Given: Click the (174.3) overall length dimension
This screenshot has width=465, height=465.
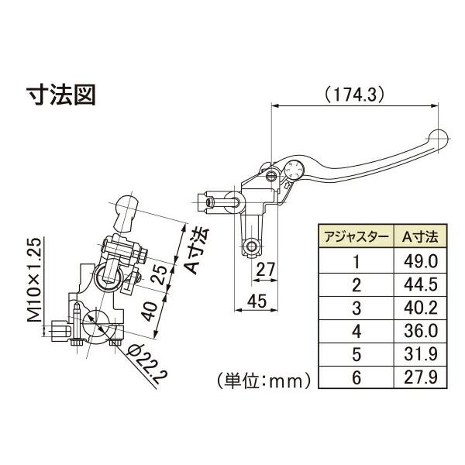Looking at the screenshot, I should [x=355, y=95].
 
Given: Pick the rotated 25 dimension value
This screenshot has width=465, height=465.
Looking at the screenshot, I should [x=162, y=274].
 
